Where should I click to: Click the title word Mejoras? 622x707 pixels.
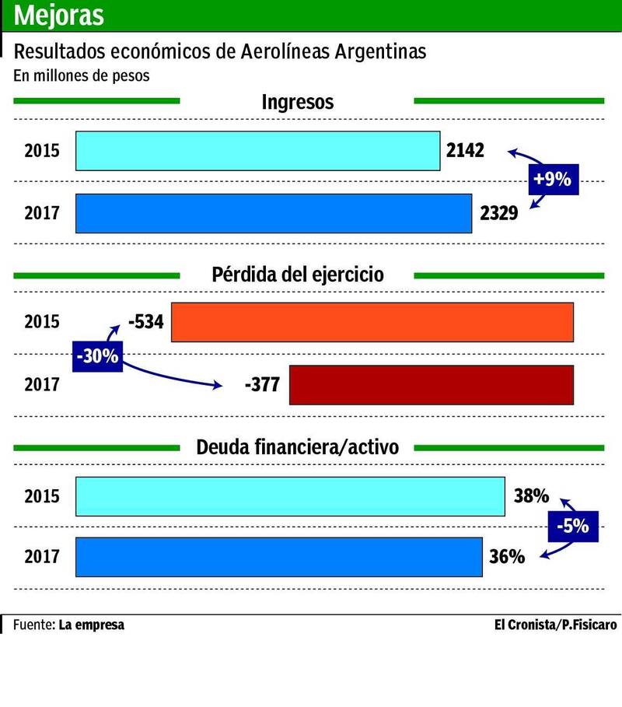[x=59, y=15]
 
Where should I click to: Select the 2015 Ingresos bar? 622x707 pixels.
[x=257, y=151]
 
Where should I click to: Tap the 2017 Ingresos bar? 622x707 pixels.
[x=273, y=213]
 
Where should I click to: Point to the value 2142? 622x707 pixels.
[x=466, y=150]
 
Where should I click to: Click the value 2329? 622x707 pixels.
[x=498, y=213]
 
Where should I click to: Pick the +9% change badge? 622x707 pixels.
[x=552, y=180]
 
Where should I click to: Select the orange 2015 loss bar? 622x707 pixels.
[x=372, y=321]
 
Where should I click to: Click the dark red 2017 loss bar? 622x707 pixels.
[x=432, y=384]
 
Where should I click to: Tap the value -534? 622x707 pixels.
[x=145, y=321]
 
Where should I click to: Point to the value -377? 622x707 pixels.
[x=263, y=384]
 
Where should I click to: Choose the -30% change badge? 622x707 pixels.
[x=97, y=356]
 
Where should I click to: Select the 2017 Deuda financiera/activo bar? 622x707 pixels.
[x=279, y=557]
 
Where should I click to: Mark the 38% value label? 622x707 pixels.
[x=532, y=495]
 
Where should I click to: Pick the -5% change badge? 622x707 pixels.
[x=571, y=526]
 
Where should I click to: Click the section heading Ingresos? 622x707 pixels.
[x=297, y=102]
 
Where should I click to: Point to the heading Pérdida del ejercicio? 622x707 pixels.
[x=297, y=275]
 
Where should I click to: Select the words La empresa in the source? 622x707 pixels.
[x=91, y=625]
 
